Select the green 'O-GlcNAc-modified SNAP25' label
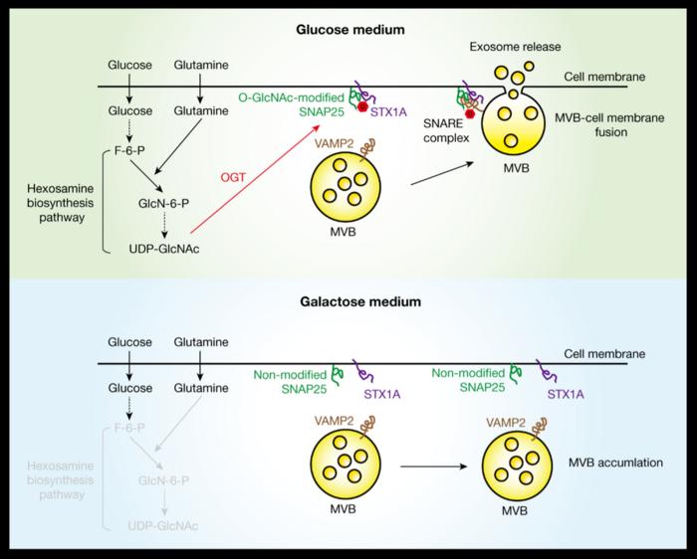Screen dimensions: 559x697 tap(287, 103)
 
